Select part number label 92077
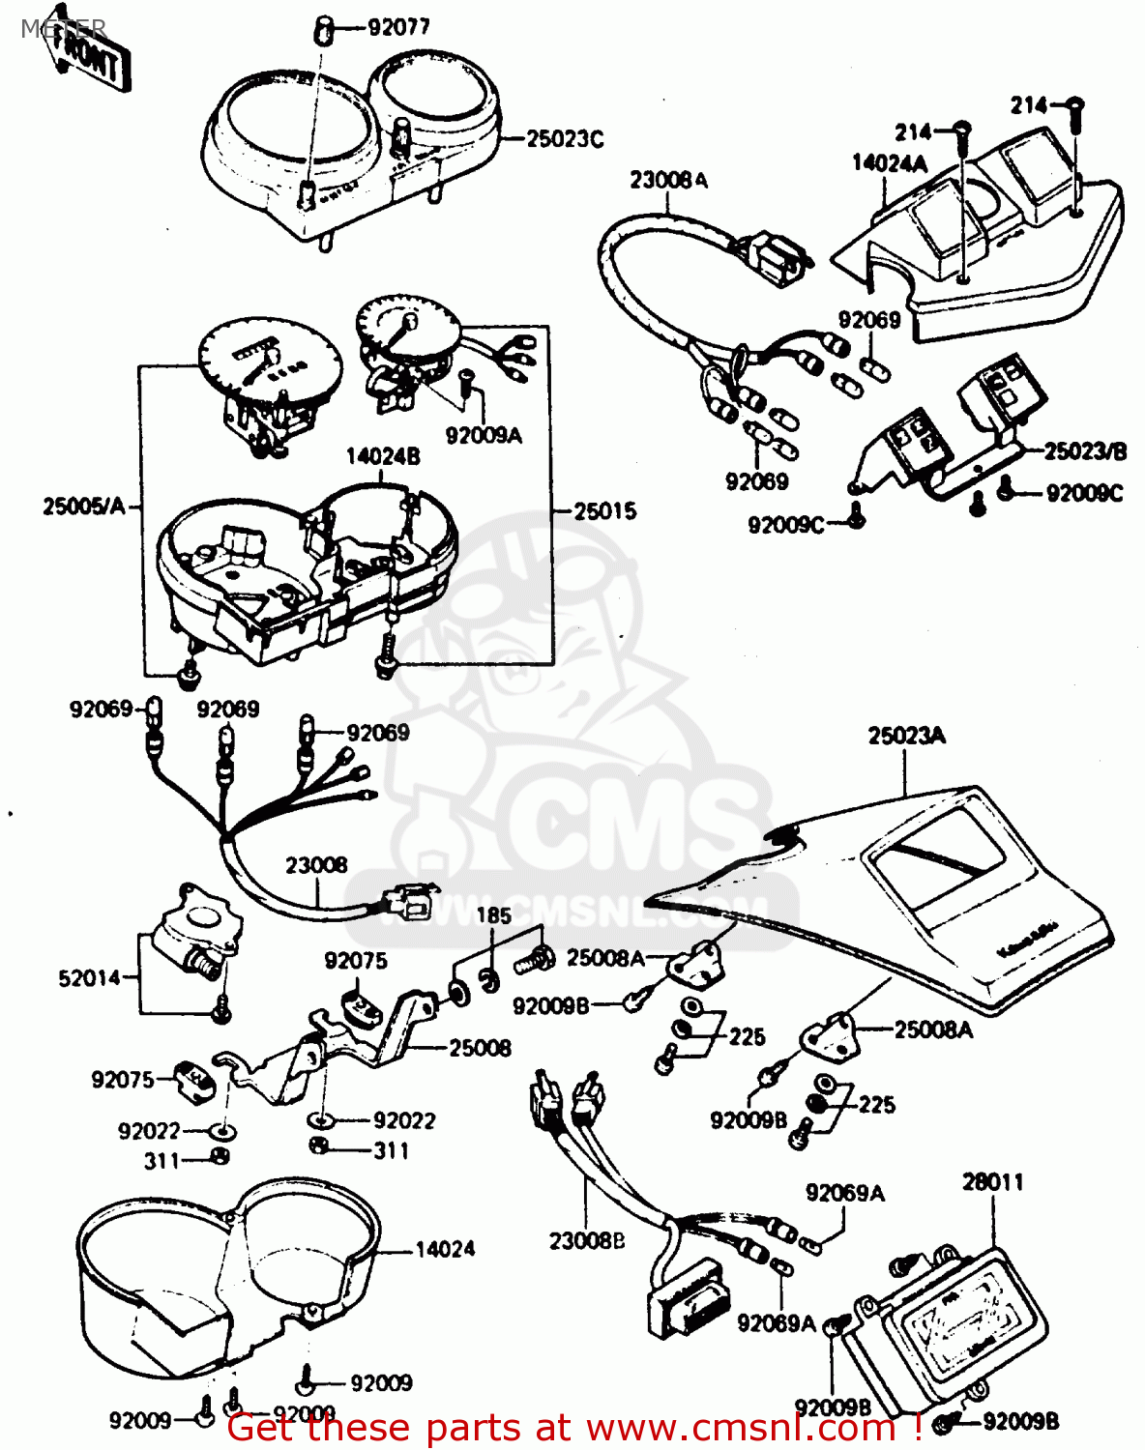pos(398,27)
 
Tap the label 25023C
pos(565,139)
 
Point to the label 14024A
pos(889,163)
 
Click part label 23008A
pos(668,180)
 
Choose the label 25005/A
pos(84,506)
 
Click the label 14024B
pos(383,456)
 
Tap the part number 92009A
pos(483,436)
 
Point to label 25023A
pos(906,737)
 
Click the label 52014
pos(90,978)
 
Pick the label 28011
pos(992,1181)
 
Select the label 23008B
pos(587,1240)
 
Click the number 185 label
pos(494,914)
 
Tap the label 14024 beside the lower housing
pos(445,1250)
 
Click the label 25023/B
pos(1085,451)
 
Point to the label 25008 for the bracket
pos(480,1048)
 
